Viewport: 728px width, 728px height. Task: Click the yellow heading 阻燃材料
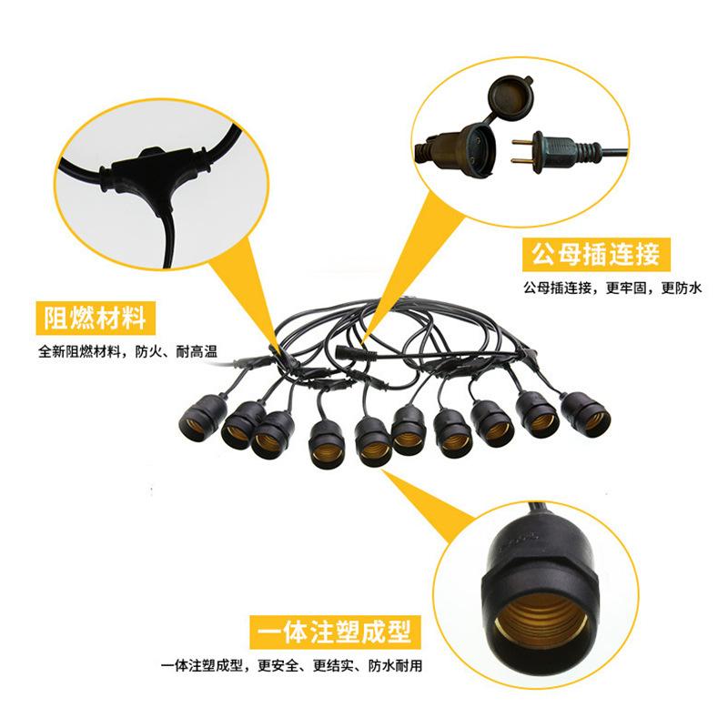[x=96, y=318]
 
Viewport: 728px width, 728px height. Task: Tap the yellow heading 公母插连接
[x=596, y=255]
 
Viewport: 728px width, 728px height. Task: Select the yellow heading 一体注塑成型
[x=335, y=632]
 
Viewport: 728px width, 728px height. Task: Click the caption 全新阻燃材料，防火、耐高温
[x=127, y=351]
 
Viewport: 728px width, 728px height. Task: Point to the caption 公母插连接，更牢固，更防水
[x=612, y=288]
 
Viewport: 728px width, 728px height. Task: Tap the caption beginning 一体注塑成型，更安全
[x=291, y=666]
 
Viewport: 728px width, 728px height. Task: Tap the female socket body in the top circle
[x=458, y=148]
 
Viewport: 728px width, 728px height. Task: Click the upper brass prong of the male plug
[x=522, y=142]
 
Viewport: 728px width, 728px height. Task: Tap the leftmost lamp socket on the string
[x=202, y=418]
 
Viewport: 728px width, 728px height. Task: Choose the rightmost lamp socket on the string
[x=586, y=414]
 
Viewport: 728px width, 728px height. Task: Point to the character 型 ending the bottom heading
[x=399, y=632]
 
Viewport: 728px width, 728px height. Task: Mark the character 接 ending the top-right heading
[x=647, y=255]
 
